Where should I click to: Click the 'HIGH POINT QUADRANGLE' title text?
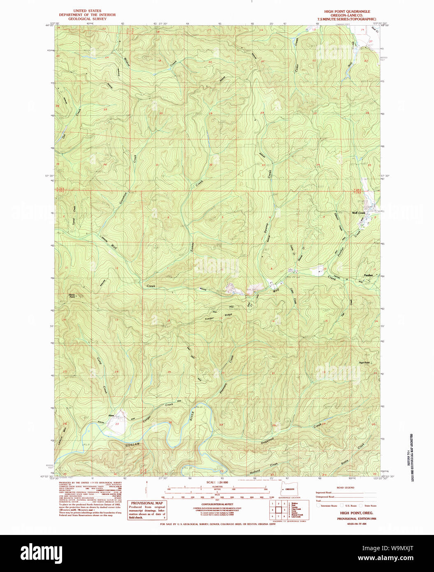(x=347, y=12)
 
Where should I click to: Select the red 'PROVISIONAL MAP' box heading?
(x=147, y=503)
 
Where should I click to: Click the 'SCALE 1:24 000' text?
(x=217, y=482)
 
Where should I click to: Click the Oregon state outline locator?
(x=288, y=489)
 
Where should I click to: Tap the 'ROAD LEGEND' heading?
(x=345, y=487)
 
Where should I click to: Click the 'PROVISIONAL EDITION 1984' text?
(x=356, y=519)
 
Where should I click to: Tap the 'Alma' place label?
(x=111, y=416)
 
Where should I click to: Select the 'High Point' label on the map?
(x=364, y=363)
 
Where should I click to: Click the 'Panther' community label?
(x=368, y=275)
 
